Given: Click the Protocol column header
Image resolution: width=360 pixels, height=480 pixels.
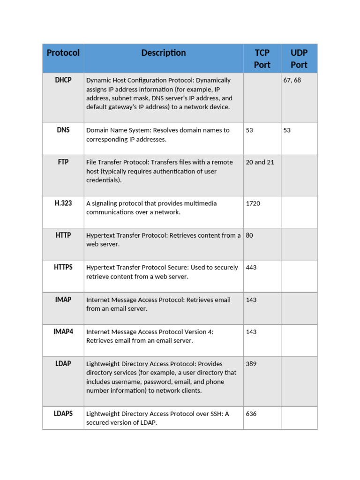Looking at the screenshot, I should click(63, 53).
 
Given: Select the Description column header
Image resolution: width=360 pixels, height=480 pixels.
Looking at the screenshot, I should click(164, 53).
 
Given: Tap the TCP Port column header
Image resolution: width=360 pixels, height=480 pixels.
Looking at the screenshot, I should click(262, 59).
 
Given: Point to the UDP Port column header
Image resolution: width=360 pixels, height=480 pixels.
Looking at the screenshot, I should click(299, 59).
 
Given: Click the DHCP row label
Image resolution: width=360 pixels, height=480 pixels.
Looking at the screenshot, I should click(63, 80).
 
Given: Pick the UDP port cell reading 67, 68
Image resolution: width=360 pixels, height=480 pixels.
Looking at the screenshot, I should click(292, 80).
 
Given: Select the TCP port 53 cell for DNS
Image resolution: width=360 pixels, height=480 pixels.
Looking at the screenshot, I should click(249, 130).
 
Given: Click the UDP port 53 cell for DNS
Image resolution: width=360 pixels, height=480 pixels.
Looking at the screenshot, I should click(287, 130).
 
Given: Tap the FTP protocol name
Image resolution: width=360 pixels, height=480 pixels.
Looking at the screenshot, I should click(63, 162).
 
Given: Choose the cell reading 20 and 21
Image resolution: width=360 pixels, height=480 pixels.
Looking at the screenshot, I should click(260, 162).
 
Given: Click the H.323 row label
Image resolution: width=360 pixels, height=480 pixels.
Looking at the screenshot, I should click(63, 203).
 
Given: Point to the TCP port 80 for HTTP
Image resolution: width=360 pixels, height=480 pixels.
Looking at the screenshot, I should click(249, 235).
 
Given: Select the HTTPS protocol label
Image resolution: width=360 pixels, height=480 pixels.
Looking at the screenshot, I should click(63, 267).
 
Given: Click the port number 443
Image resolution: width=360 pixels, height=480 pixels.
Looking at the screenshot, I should click(251, 268).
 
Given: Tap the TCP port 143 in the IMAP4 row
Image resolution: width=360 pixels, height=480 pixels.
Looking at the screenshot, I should click(251, 332).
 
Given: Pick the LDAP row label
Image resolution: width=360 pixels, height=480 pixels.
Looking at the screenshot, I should click(63, 364).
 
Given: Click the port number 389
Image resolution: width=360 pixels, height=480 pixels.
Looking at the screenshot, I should click(251, 364).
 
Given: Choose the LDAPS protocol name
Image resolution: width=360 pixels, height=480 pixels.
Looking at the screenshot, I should click(63, 413).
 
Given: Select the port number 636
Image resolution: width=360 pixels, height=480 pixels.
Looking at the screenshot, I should click(251, 414).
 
